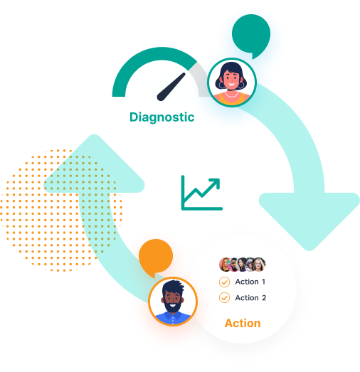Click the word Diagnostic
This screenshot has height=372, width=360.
[162, 117]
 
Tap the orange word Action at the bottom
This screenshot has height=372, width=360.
[243, 323]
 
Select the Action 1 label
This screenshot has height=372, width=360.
[250, 282]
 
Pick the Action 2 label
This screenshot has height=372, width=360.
[250, 298]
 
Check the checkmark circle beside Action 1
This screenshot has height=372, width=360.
[224, 282]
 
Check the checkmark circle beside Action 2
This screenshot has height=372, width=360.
[224, 298]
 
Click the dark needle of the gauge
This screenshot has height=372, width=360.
[171, 87]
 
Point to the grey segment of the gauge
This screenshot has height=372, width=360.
[200, 78]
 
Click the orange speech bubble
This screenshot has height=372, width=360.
[156, 257]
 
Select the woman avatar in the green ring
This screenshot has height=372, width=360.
[232, 83]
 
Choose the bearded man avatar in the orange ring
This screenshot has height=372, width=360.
[173, 302]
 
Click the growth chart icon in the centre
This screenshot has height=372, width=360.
[202, 193]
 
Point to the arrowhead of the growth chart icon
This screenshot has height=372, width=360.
[216, 183]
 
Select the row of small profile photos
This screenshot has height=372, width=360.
[243, 265]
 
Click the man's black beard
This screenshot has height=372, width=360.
[173, 307]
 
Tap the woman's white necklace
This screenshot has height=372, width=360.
[232, 95]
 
